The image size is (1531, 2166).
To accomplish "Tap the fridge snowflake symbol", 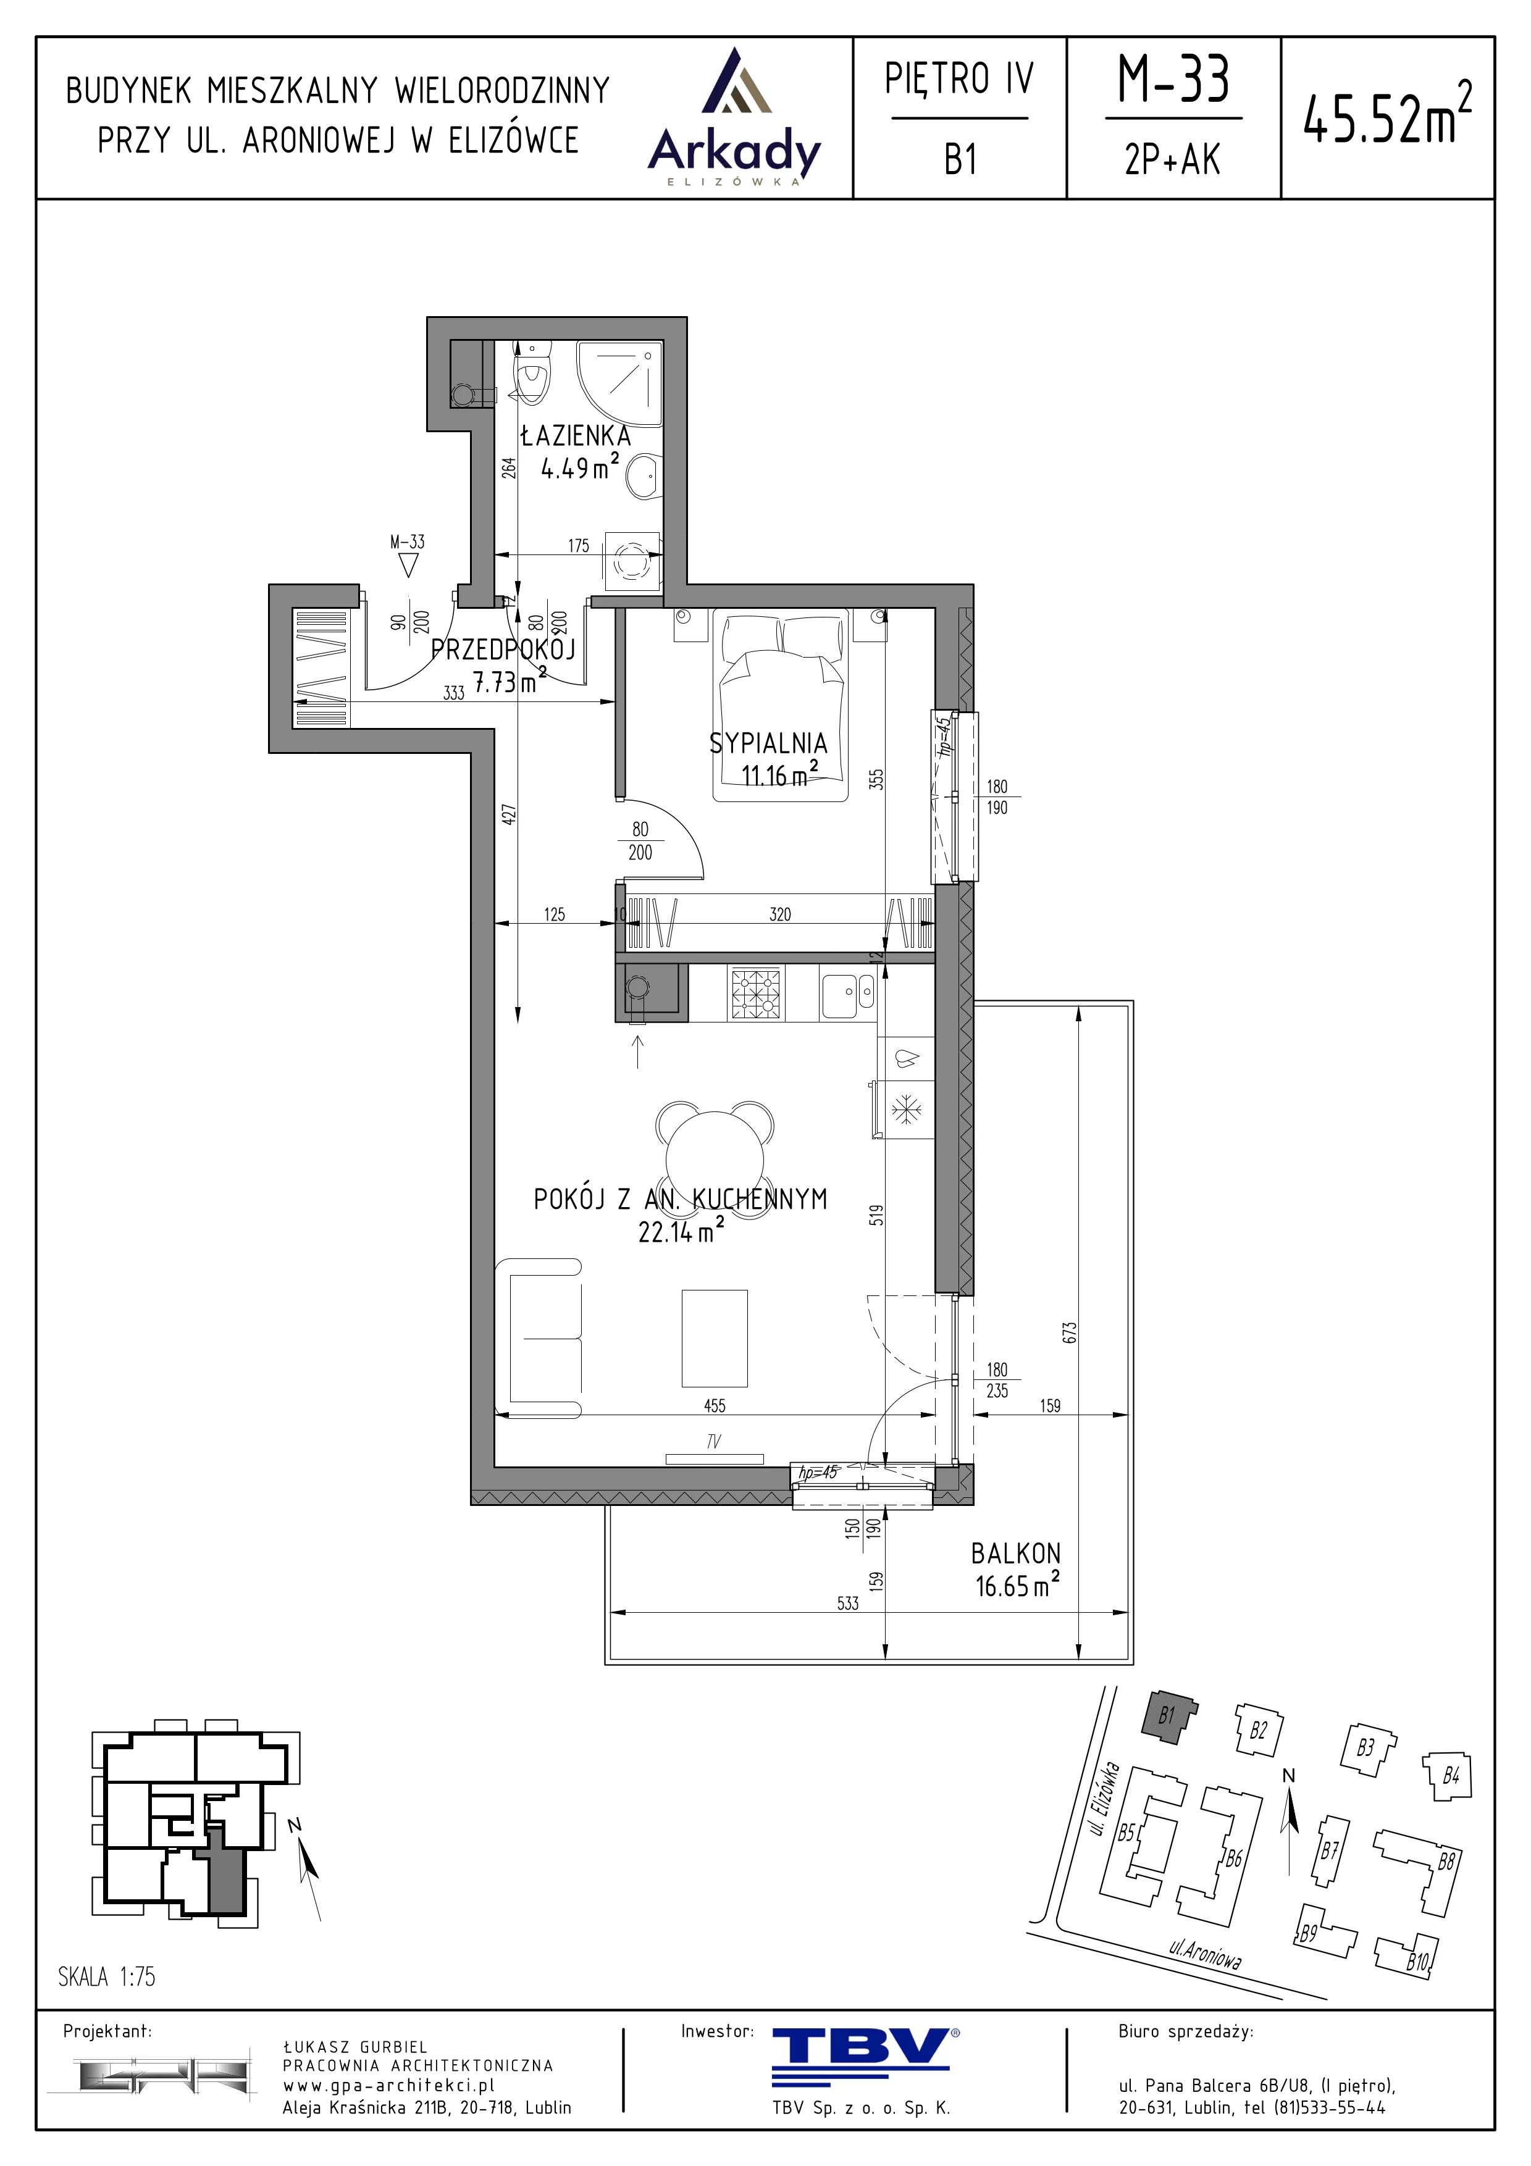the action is (907, 1108).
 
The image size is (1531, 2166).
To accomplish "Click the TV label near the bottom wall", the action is (714, 1442).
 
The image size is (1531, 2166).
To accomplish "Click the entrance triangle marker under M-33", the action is (408, 565).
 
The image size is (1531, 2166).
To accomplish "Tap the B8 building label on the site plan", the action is (1445, 1860).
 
